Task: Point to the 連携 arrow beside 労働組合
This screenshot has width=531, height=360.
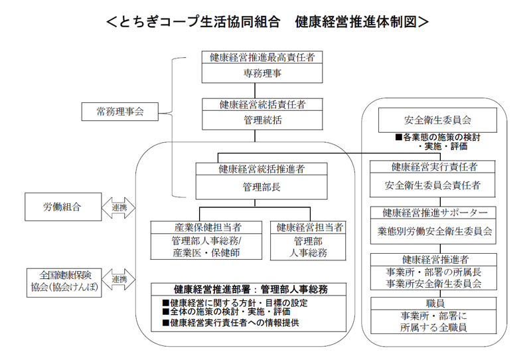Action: click(x=119, y=207)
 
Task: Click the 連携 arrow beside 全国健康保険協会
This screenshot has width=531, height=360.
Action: click(x=119, y=279)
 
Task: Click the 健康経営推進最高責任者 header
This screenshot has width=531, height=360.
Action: click(x=262, y=57)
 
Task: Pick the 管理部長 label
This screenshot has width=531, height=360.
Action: click(x=262, y=187)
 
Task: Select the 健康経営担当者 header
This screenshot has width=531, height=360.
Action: click(x=309, y=228)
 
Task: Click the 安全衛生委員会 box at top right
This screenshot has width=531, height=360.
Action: click(x=437, y=121)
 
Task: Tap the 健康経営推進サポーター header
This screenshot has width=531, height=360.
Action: click(x=437, y=213)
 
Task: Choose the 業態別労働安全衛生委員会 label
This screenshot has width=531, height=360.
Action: click(x=437, y=231)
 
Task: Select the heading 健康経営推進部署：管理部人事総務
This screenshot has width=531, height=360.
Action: click(x=251, y=290)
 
